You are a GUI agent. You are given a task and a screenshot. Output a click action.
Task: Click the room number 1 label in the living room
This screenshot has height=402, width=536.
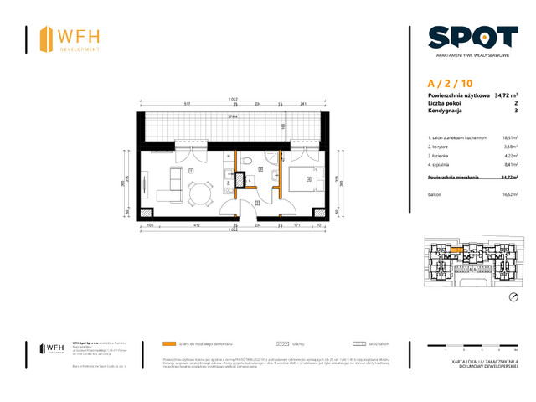(x=191, y=170)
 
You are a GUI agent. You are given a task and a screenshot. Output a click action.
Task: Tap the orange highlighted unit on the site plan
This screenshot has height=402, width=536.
(x=456, y=249)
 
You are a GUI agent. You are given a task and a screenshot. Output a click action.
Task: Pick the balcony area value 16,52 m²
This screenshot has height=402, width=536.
(x=508, y=193)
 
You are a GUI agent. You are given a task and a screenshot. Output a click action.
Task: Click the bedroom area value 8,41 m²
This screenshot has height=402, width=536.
(x=508, y=165)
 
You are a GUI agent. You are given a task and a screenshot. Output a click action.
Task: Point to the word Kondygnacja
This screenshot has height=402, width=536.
(x=446, y=111)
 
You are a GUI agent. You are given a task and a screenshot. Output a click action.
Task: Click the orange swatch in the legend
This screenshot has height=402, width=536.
(x=169, y=343)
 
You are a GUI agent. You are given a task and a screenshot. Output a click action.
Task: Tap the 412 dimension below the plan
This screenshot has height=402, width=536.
(x=197, y=225)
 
